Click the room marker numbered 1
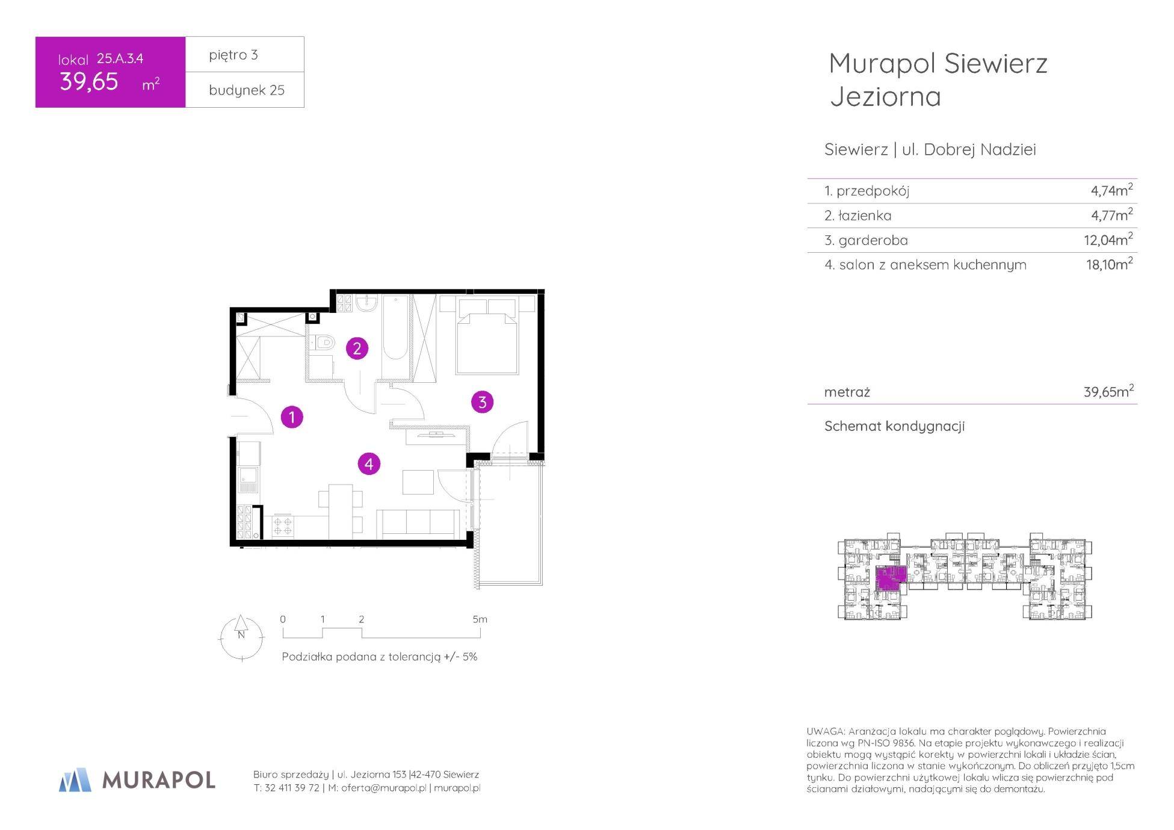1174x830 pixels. pyautogui.click(x=292, y=417)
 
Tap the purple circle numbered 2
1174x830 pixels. pyautogui.click(x=357, y=348)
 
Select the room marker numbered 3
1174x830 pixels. pyautogui.click(x=482, y=402)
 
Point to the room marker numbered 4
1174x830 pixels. pyautogui.click(x=369, y=464)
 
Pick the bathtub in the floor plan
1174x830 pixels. pyautogui.click(x=395, y=329)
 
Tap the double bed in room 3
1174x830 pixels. pyautogui.click(x=487, y=335)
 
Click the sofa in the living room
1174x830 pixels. pyautogui.click(x=418, y=524)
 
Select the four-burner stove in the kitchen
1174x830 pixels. pyautogui.click(x=283, y=526)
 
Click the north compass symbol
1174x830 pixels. pyautogui.click(x=241, y=637)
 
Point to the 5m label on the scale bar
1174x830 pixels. pyautogui.click(x=480, y=619)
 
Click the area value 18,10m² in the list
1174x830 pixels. pyautogui.click(x=1109, y=264)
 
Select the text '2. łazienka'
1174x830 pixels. pyautogui.click(x=858, y=215)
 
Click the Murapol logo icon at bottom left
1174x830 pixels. pyautogui.click(x=75, y=779)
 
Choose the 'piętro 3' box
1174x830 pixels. pyautogui.click(x=245, y=55)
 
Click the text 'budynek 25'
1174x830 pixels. pyautogui.click(x=247, y=90)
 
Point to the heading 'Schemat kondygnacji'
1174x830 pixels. pyautogui.click(x=894, y=426)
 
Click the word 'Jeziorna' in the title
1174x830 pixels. pyautogui.click(x=885, y=97)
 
